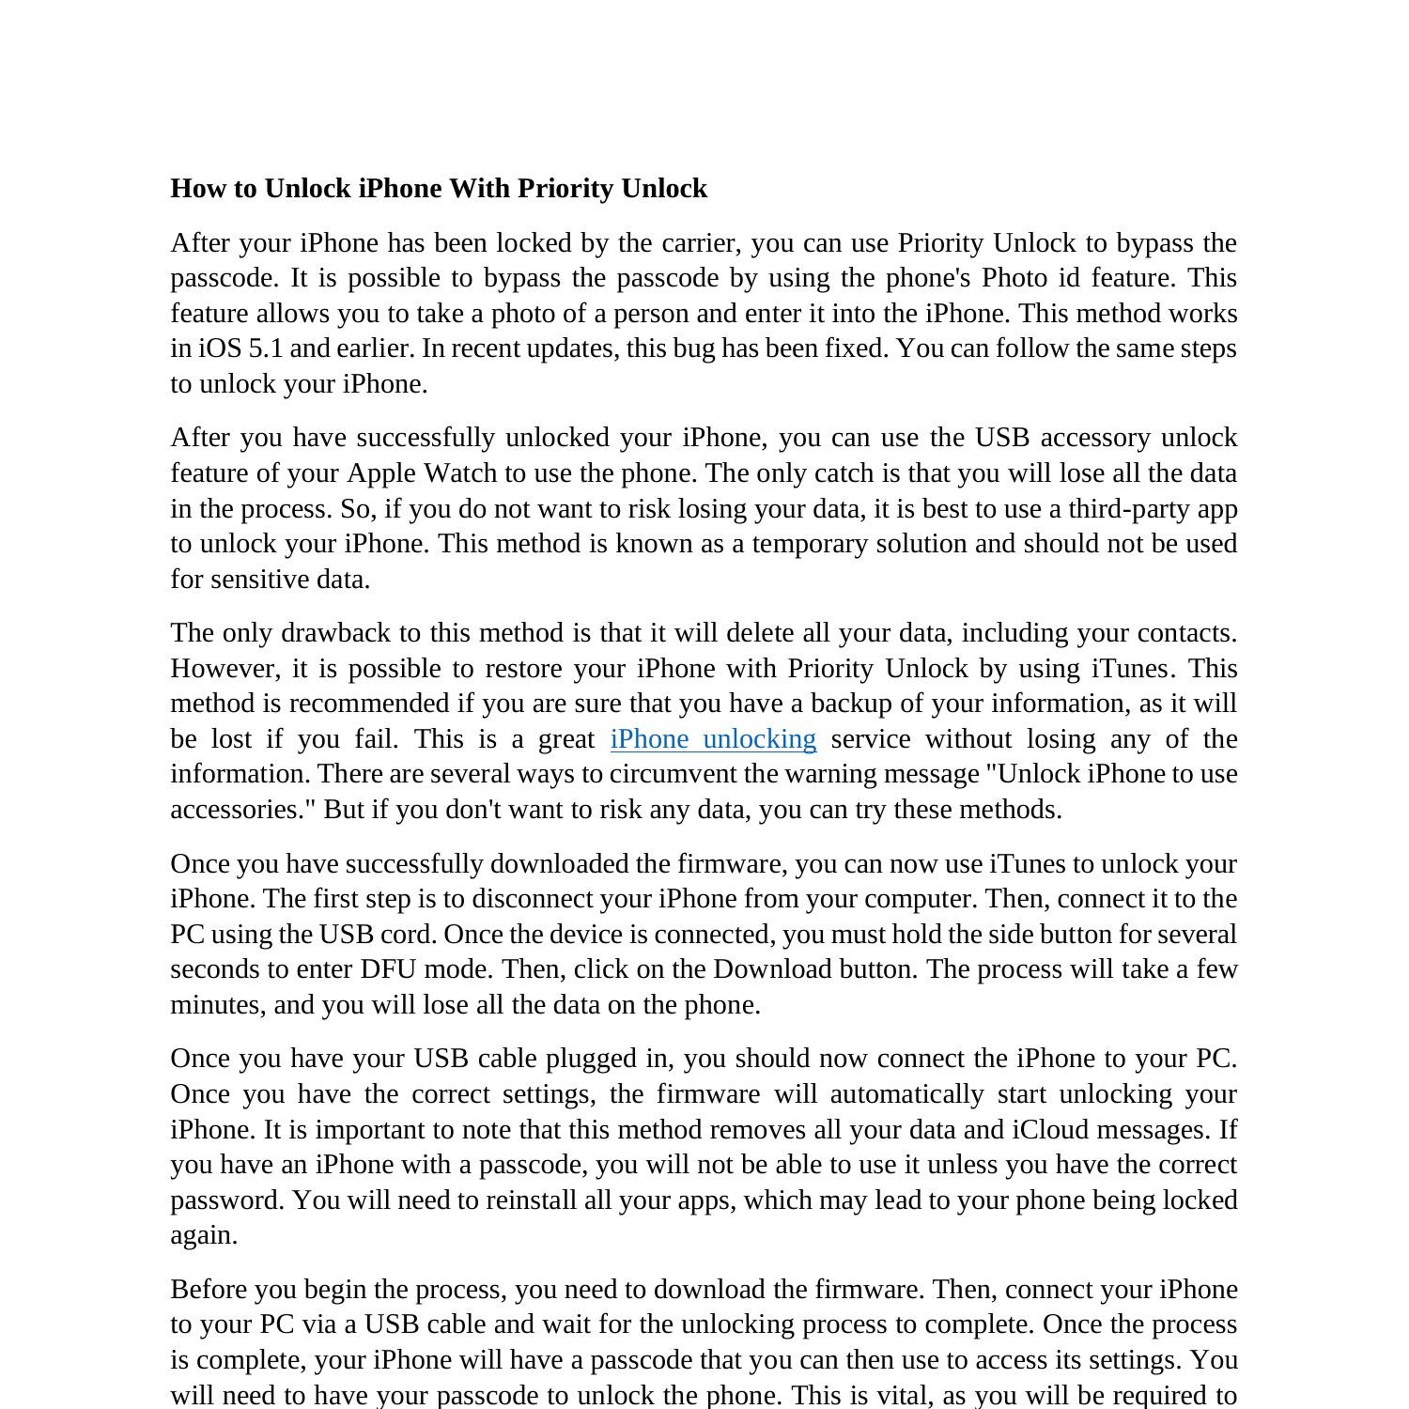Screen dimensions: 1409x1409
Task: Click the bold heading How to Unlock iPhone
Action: (439, 189)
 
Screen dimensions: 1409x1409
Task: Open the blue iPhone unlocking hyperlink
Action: (713, 739)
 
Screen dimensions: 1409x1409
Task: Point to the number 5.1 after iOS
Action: (266, 348)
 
